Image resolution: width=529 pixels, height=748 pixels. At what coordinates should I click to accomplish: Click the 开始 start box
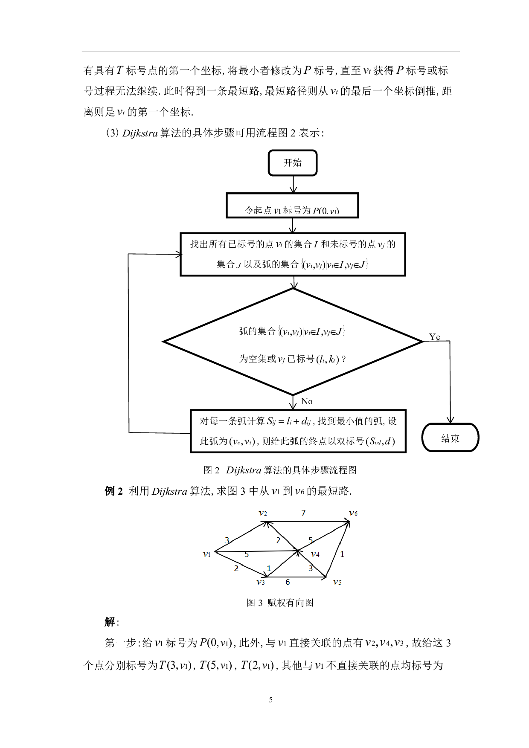pos(292,162)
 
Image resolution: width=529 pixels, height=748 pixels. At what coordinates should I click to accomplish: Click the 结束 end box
pos(450,438)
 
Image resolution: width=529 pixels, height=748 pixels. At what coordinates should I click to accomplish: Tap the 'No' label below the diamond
pos(307,401)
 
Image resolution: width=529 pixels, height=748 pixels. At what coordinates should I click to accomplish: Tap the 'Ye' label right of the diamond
pos(434,337)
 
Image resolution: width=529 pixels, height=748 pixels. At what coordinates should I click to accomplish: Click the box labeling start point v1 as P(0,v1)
pos(292,206)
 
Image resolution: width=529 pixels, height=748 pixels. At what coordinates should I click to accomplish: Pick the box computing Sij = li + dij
pos(298,431)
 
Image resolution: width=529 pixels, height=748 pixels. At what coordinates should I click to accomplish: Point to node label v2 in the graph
pos(263,513)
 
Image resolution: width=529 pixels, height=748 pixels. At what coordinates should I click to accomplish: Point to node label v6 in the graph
pos(353,513)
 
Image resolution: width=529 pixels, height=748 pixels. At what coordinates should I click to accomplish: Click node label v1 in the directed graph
pos(207,554)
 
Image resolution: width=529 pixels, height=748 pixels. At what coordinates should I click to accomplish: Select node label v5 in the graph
pos(337,582)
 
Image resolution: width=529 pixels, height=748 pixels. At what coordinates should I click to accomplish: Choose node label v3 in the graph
pos(261,582)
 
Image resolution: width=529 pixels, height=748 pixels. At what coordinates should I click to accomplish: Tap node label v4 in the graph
pos(315,554)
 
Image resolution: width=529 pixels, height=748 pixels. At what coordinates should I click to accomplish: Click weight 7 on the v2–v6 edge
pos(303,513)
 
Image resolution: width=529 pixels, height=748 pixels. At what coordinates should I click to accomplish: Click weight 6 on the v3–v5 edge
pos(288,582)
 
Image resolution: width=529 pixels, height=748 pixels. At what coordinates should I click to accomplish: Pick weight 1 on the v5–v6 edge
pos(342,554)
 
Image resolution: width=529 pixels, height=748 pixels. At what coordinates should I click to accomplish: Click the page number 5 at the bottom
pos(270,700)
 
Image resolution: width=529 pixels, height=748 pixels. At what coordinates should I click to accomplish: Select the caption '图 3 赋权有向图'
pos(280,603)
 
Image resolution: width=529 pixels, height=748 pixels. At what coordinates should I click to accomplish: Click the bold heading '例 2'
pos(113,491)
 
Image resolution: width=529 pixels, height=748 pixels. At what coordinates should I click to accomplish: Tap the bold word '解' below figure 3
pos(110,622)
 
